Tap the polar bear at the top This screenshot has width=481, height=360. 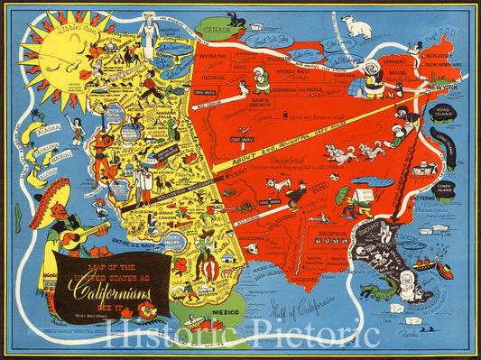[x=357, y=27]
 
